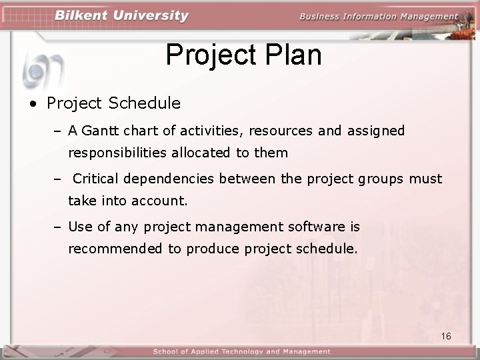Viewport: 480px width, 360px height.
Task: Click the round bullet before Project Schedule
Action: coord(32,104)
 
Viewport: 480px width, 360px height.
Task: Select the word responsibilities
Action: coord(117,153)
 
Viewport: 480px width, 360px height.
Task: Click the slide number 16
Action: coord(446,336)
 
